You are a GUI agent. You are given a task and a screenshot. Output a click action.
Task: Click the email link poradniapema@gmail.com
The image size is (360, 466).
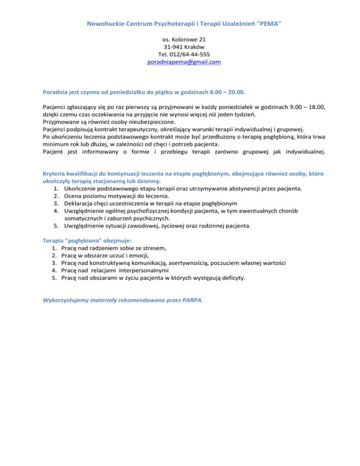point(180,61)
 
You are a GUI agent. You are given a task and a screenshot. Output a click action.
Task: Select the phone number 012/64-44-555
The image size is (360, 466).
point(187,54)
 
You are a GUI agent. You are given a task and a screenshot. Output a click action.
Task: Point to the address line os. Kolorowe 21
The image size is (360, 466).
point(180,39)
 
